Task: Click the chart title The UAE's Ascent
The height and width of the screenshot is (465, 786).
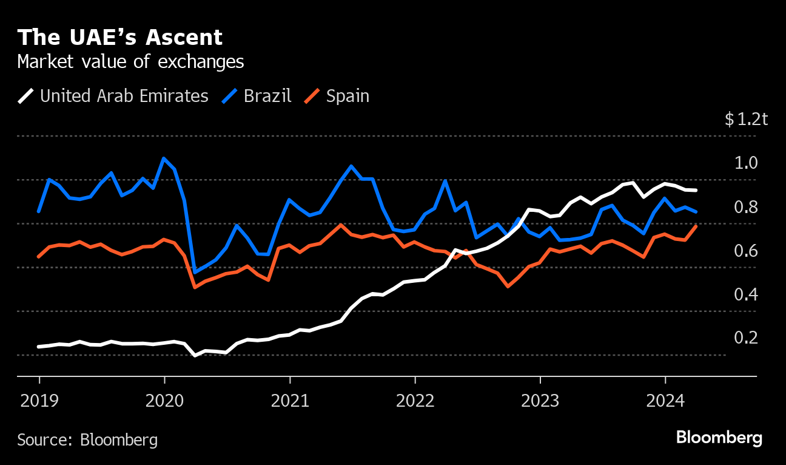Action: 120,38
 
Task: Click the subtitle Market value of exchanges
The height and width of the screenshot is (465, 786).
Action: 130,62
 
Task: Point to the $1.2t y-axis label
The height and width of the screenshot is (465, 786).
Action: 746,119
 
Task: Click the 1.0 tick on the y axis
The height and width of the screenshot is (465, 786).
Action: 746,163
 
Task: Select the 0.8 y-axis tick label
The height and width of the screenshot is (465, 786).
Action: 746,207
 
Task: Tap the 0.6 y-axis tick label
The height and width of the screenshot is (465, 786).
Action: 746,251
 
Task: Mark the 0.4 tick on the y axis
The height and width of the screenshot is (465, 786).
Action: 746,294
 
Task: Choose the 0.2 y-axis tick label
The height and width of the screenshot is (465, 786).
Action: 746,338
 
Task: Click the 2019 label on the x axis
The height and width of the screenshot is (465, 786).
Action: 39,401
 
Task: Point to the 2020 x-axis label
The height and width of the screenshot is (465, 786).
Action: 164,401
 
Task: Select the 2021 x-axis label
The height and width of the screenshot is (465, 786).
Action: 290,401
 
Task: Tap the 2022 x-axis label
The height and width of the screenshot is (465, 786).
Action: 415,401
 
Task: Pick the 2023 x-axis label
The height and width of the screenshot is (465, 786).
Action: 540,401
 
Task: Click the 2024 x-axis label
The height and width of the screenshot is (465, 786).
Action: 665,401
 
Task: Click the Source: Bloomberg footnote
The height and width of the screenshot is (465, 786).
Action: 87,440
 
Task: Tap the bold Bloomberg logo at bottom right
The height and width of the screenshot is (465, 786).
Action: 719,438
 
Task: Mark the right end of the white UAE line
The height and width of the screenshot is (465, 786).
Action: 696,191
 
